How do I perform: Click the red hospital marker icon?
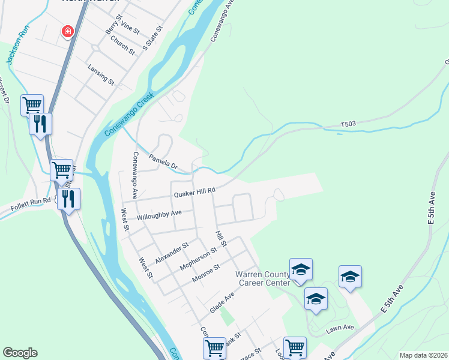[68, 31]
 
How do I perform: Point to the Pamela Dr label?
[163, 160]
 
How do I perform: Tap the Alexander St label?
[172, 253]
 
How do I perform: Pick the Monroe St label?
[206, 273]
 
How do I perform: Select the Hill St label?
[221, 239]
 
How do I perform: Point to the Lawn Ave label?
[340, 328]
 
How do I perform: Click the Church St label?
[122, 45]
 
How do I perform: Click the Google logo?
[20, 353]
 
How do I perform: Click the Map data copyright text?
[423, 355]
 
